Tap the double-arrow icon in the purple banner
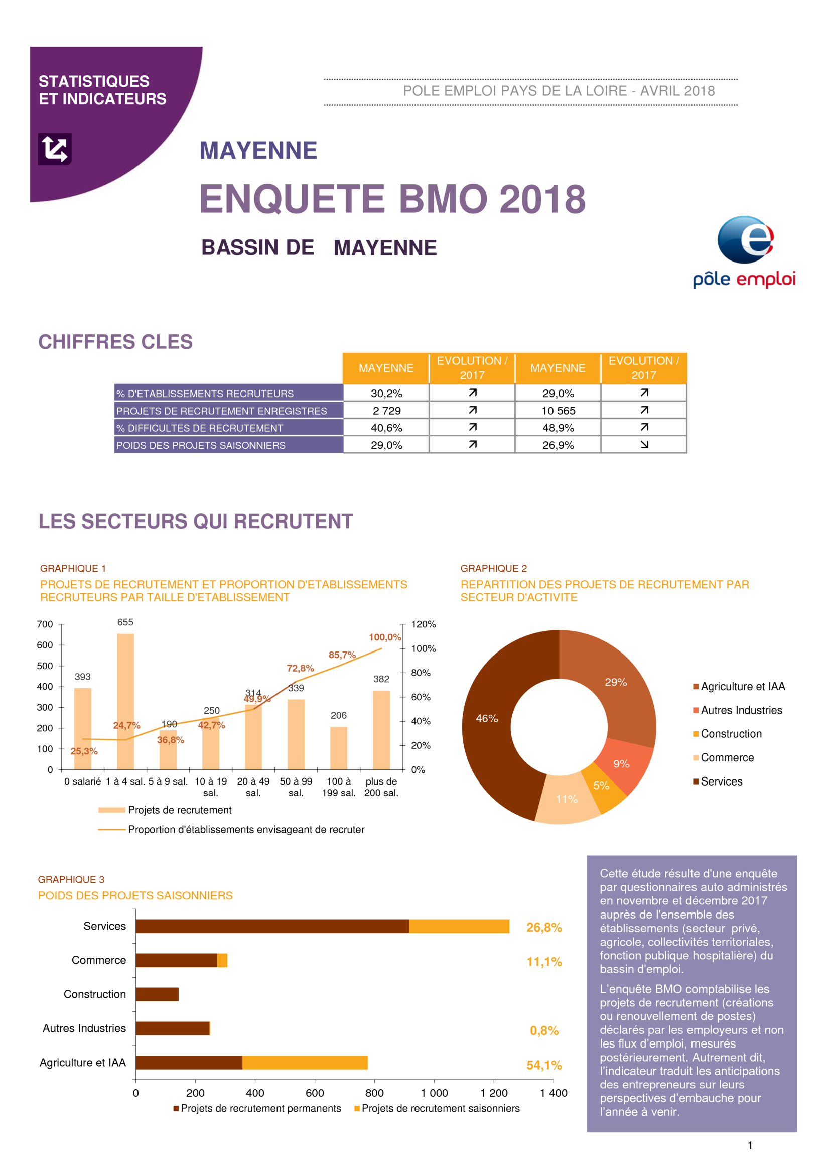[55, 149]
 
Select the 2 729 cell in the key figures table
[386, 411]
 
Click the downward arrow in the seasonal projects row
[644, 445]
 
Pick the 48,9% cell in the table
[558, 428]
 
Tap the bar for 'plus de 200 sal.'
[381, 730]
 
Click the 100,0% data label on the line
[385, 637]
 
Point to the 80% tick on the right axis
[421, 673]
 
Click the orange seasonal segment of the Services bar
[459, 926]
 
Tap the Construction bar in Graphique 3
[157, 994]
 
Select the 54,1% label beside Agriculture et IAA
[544, 1065]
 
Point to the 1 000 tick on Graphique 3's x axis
[434, 1093]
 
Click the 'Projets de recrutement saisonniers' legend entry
[437, 1108]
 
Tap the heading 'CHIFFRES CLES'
[115, 342]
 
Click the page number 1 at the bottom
[750, 1145]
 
